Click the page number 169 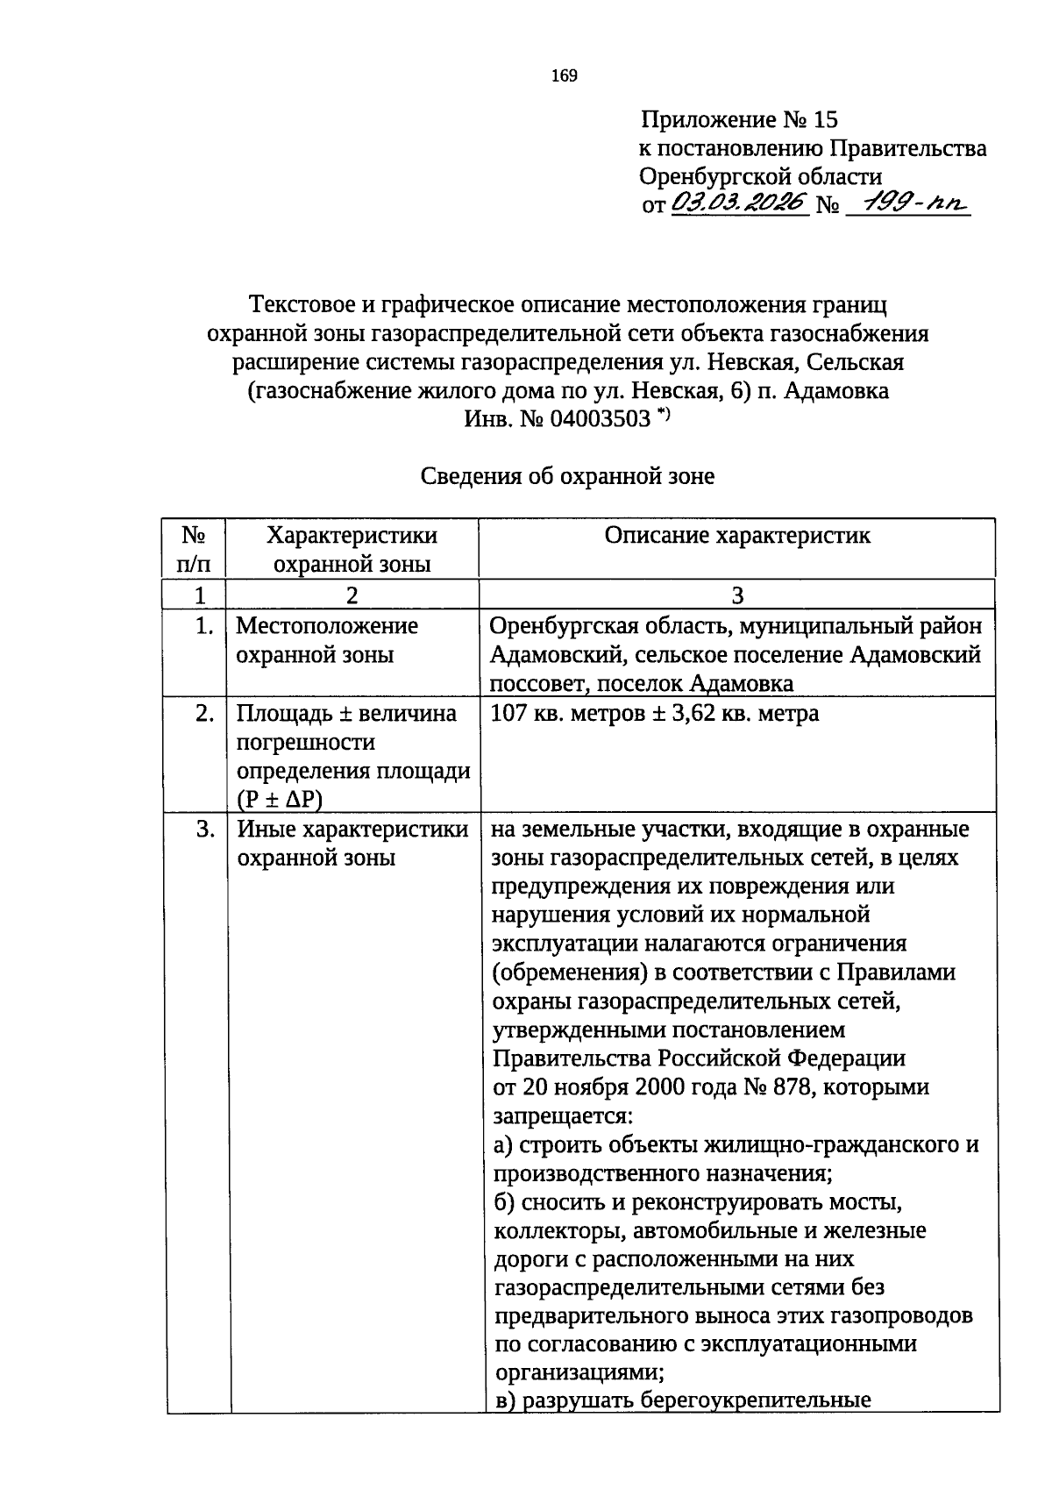tap(565, 76)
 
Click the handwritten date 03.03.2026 tap(738, 203)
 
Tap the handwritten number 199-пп tap(912, 203)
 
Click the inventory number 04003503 tap(600, 418)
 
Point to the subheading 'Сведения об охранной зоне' tap(567, 476)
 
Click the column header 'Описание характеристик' tap(737, 536)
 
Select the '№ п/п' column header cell tap(195, 549)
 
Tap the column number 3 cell tap(737, 595)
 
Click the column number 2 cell tap(352, 595)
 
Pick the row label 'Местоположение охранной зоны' tap(327, 640)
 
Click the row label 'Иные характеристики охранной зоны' tap(352, 843)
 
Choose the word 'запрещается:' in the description tap(562, 1116)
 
